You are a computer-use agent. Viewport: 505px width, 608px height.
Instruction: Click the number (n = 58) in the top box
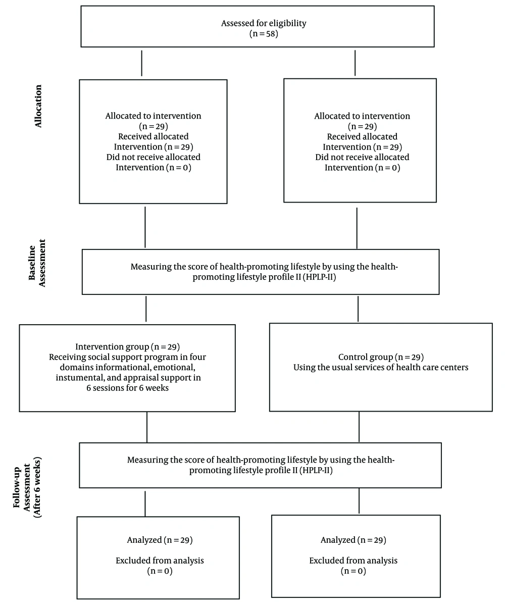point(264,34)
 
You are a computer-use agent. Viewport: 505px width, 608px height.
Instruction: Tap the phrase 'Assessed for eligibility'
point(264,23)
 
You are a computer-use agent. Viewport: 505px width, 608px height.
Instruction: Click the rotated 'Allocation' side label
point(38,106)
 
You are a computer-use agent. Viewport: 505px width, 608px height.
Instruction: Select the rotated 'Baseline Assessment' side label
point(37,263)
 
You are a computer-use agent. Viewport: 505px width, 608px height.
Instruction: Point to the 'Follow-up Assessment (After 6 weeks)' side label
point(28,487)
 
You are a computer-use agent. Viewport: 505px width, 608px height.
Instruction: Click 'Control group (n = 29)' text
point(381,357)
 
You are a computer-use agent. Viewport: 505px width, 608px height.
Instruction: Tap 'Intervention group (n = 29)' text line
point(128,347)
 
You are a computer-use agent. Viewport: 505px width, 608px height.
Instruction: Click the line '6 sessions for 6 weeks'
point(128,388)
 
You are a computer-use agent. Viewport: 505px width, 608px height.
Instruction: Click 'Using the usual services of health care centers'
point(381,368)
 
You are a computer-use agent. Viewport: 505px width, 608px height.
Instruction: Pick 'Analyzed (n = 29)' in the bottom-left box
point(160,540)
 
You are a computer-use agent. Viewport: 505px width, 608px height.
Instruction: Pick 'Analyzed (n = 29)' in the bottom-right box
point(353,540)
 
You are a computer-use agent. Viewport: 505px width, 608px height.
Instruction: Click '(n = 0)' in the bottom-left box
point(160,571)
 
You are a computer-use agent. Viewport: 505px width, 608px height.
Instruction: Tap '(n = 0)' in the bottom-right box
point(353,571)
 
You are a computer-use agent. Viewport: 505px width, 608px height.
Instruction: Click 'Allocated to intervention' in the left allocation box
point(153,116)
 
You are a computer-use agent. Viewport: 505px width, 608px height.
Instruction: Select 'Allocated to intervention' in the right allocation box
point(362,116)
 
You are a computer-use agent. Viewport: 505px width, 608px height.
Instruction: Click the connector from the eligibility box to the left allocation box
point(142,63)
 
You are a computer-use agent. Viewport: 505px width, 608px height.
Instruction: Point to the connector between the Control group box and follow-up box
point(359,427)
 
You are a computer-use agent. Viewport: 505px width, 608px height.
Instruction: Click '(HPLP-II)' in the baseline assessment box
point(320,277)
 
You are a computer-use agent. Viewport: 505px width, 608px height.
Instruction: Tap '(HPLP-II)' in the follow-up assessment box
point(316,470)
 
